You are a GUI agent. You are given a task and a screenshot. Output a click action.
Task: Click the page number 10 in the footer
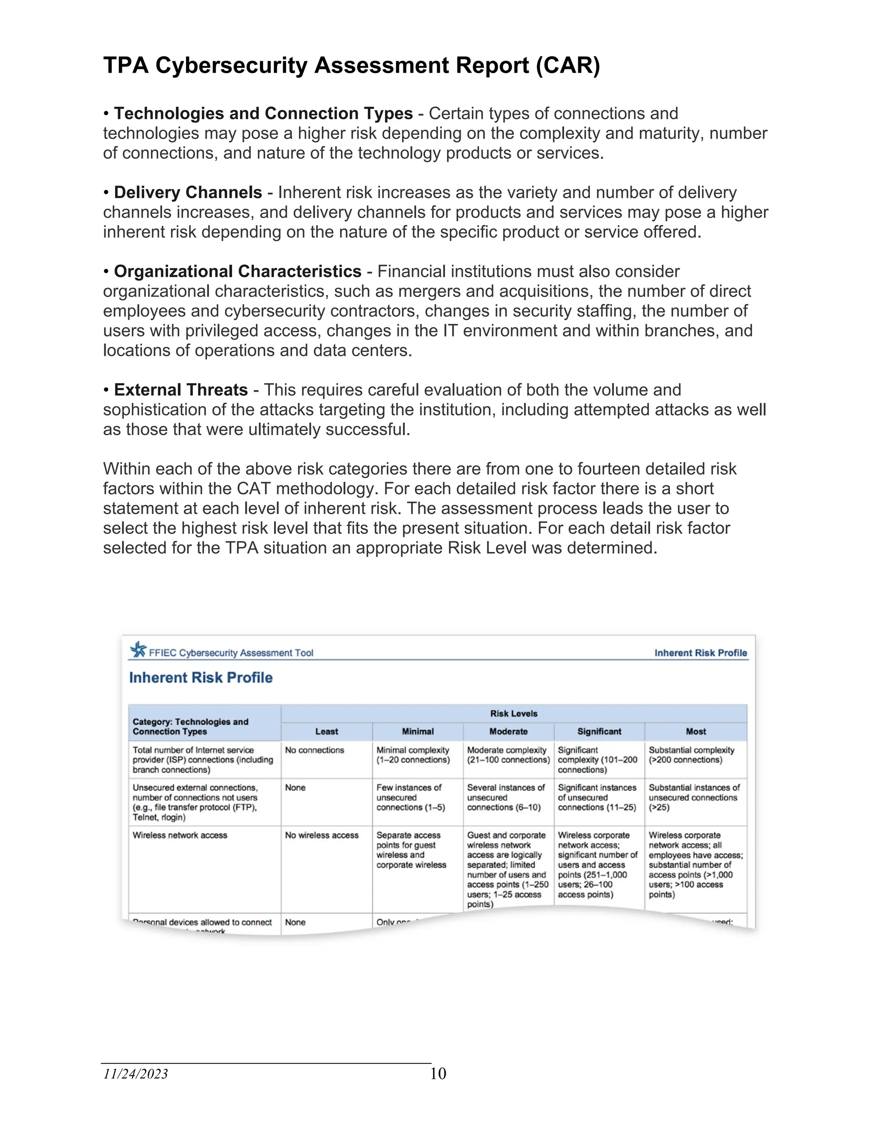pyautogui.click(x=438, y=1073)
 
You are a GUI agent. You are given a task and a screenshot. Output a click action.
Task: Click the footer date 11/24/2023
pyautogui.click(x=136, y=1073)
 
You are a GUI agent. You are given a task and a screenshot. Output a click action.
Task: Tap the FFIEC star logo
pyautogui.click(x=139, y=649)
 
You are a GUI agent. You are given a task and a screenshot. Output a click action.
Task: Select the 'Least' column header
pyautogui.click(x=326, y=732)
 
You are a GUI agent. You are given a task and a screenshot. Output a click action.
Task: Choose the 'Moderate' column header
pyautogui.click(x=508, y=732)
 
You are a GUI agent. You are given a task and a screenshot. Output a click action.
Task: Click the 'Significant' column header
pyautogui.click(x=599, y=732)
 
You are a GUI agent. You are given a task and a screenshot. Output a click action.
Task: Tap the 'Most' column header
pyautogui.click(x=695, y=732)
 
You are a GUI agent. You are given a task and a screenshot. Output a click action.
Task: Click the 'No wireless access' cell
pyautogui.click(x=321, y=835)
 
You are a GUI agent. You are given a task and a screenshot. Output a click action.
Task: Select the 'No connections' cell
pyautogui.click(x=314, y=750)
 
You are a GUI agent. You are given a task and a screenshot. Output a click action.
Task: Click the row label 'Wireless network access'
pyautogui.click(x=180, y=835)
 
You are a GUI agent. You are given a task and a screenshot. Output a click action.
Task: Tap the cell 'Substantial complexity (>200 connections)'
pyautogui.click(x=691, y=755)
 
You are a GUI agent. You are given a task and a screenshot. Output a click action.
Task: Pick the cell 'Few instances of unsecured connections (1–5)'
pyautogui.click(x=411, y=797)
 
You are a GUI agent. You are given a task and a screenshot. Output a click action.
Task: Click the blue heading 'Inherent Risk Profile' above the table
pyautogui.click(x=201, y=678)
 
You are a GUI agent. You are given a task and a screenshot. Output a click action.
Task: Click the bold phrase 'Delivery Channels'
pyautogui.click(x=188, y=192)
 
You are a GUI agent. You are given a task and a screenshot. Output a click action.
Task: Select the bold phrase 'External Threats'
pyautogui.click(x=181, y=390)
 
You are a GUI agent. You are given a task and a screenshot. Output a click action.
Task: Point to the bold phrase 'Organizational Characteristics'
pyautogui.click(x=238, y=271)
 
